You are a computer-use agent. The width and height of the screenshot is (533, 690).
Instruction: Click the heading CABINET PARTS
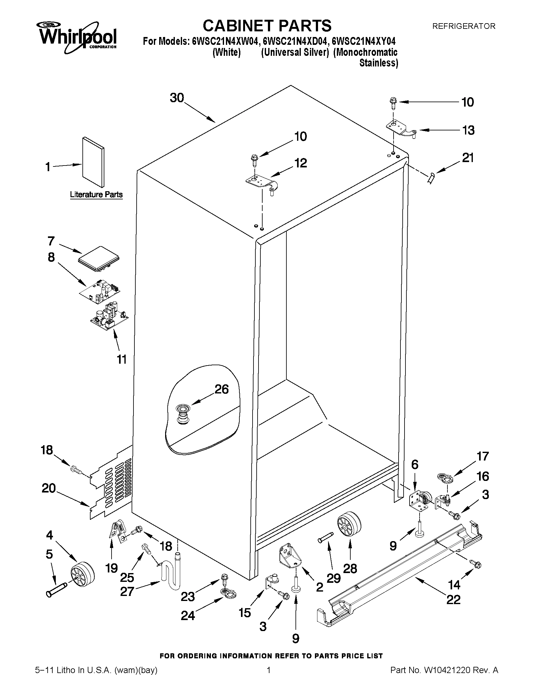point(267,26)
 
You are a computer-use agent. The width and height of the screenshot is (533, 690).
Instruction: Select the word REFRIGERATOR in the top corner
point(463,26)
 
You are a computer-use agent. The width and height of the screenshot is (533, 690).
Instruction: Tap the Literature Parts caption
point(96,194)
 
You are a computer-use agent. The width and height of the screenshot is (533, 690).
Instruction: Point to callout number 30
point(177,98)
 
